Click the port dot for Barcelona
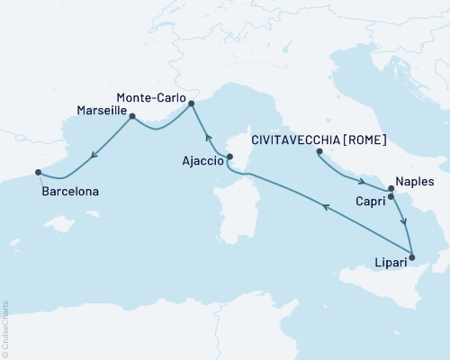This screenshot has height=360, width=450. coord(38,172)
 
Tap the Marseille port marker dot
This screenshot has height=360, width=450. coord(132,116)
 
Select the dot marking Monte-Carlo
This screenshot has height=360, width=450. coord(191,104)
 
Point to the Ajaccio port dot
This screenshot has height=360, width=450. coord(229,157)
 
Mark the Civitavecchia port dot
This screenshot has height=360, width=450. coord(319,152)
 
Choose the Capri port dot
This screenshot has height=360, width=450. coord(391,195)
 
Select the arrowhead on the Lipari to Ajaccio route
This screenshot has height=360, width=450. coord(325,206)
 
